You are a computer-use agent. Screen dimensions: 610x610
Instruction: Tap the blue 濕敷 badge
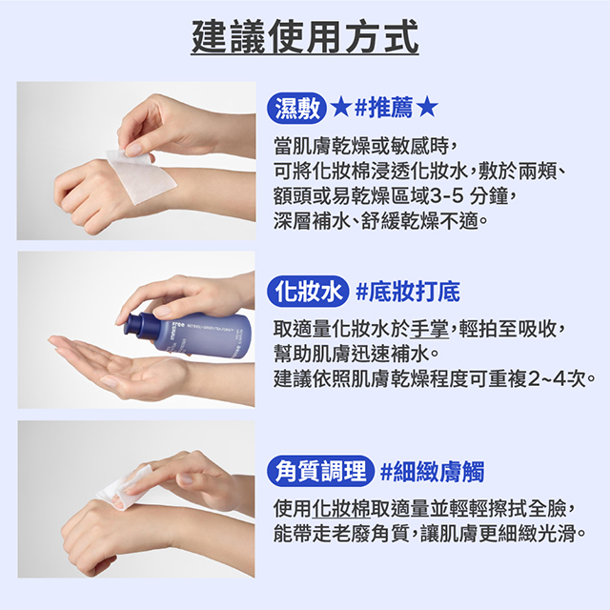(x=296, y=108)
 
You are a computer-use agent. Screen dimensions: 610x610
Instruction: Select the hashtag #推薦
(x=383, y=108)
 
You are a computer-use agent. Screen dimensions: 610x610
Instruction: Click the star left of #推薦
(x=341, y=107)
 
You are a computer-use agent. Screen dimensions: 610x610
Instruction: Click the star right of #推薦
(x=427, y=107)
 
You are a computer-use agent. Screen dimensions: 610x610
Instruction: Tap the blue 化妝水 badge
(x=308, y=292)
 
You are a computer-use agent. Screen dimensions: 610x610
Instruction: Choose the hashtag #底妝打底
(x=408, y=292)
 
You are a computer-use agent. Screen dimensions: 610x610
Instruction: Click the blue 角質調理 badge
(x=320, y=471)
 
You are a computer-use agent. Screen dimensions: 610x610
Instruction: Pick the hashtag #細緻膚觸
(x=433, y=472)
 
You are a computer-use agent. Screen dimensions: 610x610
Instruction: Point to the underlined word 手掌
(x=430, y=329)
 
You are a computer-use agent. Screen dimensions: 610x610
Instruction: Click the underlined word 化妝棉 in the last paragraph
(x=341, y=508)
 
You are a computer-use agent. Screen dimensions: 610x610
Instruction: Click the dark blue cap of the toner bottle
(x=135, y=324)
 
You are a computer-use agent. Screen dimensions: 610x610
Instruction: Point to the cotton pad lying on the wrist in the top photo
(x=141, y=175)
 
